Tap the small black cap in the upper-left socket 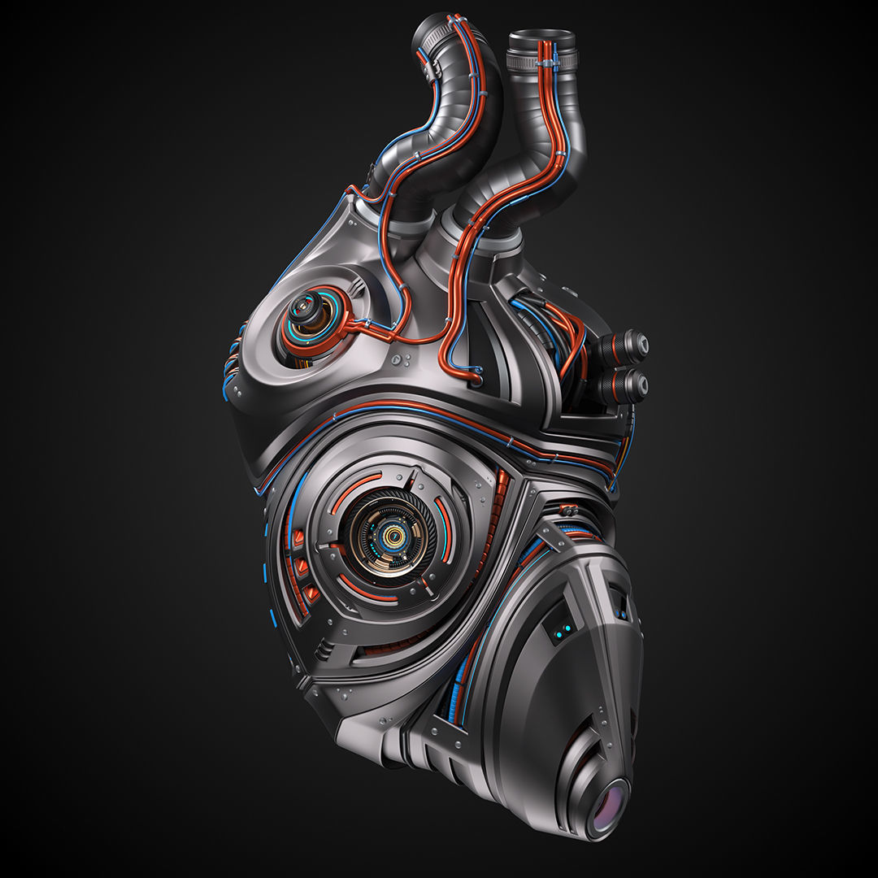(305, 307)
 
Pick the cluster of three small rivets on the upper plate (401, 359)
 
